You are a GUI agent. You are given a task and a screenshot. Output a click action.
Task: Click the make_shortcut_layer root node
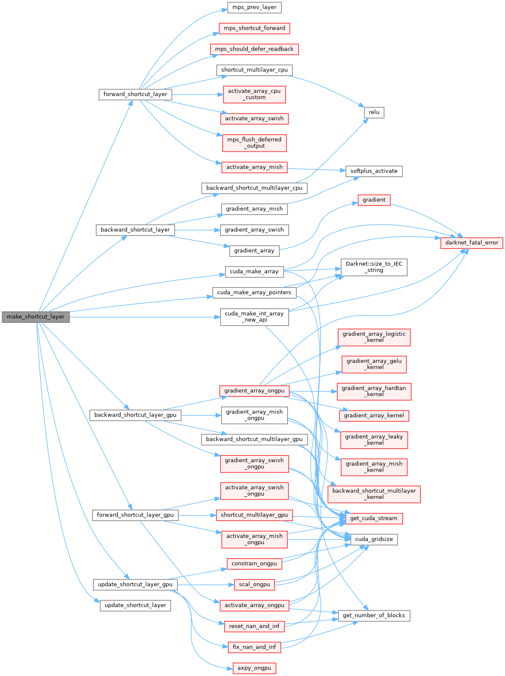coord(36,317)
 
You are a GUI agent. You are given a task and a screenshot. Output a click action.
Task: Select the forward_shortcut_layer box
coord(135,94)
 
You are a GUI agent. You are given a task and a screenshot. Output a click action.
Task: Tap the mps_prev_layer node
coord(254,7)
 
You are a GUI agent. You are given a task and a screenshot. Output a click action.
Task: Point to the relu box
coord(374,112)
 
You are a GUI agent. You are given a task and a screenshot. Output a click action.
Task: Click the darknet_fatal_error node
coord(472,243)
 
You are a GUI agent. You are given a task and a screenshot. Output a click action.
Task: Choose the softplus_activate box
coord(374,171)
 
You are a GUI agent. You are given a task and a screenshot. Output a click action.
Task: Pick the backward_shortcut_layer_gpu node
coord(135,415)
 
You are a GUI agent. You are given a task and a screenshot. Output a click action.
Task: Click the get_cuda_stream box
coord(374,518)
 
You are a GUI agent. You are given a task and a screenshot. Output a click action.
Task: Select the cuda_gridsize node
coord(374,539)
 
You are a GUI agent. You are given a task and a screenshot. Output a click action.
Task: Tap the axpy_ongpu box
coord(254,668)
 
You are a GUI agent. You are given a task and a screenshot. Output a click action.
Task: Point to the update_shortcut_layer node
coord(135,605)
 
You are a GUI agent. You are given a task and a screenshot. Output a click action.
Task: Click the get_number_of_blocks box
coord(374,615)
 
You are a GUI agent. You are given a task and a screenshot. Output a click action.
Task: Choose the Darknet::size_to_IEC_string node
coord(374,267)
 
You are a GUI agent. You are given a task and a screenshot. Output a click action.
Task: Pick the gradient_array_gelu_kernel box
coord(374,364)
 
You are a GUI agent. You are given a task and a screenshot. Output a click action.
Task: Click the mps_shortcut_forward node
coord(254,28)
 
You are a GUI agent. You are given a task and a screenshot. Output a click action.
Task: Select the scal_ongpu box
coord(254,585)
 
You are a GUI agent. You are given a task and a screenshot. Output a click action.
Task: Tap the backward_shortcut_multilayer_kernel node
coord(374,494)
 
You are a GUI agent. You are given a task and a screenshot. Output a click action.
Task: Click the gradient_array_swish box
coord(254,230)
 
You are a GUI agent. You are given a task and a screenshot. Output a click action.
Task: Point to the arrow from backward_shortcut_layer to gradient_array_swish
coord(197,230)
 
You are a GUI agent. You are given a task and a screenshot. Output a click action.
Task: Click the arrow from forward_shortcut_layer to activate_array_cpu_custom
coord(197,94)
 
